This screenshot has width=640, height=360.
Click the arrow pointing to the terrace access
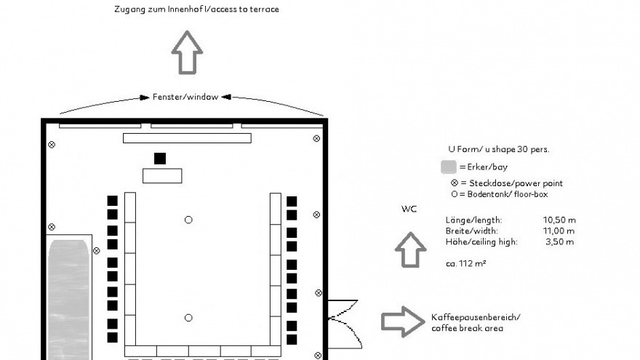pyautogui.click(x=187, y=52)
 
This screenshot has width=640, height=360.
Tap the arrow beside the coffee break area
pyautogui.click(x=403, y=321)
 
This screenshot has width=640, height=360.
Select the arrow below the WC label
pyautogui.click(x=411, y=249)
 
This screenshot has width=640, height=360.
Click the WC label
pyautogui.click(x=409, y=209)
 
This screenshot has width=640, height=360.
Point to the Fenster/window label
pyautogui.click(x=185, y=97)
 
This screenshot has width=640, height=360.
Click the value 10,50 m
pyautogui.click(x=559, y=220)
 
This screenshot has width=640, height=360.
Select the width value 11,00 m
pyautogui.click(x=559, y=231)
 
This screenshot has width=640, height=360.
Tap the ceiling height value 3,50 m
pyautogui.click(x=559, y=241)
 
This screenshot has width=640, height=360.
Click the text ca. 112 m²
pyautogui.click(x=465, y=263)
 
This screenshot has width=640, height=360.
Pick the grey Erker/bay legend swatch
pyautogui.click(x=449, y=167)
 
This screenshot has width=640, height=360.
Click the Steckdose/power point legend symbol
pyautogui.click(x=455, y=183)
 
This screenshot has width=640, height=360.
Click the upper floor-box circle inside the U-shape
pyautogui.click(x=188, y=220)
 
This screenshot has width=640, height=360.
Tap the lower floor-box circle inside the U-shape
pyautogui.click(x=188, y=318)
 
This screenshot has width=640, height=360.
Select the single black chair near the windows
pyautogui.click(x=160, y=159)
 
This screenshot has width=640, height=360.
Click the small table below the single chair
pyautogui.click(x=162, y=176)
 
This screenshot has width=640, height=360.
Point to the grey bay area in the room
pyautogui.click(x=68, y=300)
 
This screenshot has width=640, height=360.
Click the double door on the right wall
pyautogui.click(x=345, y=324)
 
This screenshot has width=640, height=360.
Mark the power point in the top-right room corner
pyautogui.click(x=316, y=139)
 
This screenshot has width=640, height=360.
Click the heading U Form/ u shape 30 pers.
pyautogui.click(x=499, y=149)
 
